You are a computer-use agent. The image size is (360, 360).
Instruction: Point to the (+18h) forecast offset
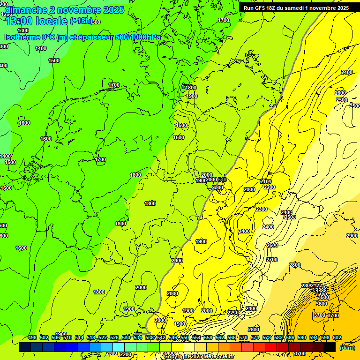81,21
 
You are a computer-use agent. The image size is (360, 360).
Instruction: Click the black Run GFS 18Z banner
296,8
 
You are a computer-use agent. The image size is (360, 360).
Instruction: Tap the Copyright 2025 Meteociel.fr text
200,357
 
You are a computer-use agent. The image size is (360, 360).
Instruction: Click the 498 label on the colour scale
32,338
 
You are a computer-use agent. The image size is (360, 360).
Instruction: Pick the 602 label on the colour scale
337,338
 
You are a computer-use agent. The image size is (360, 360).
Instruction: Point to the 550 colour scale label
185,338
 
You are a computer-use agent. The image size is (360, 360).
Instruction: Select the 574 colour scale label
255,338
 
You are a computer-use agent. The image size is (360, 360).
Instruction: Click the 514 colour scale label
79,338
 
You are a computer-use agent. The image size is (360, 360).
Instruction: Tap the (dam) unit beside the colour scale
347,347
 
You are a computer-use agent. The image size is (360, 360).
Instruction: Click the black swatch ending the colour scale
330,347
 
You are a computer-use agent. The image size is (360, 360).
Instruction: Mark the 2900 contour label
352,236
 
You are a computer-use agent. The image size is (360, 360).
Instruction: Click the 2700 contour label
272,260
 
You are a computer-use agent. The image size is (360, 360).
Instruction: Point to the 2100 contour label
266,181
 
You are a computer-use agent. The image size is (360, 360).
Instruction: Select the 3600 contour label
321,303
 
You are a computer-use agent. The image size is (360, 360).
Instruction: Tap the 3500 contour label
323,297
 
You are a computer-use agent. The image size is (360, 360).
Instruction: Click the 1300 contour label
22,30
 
